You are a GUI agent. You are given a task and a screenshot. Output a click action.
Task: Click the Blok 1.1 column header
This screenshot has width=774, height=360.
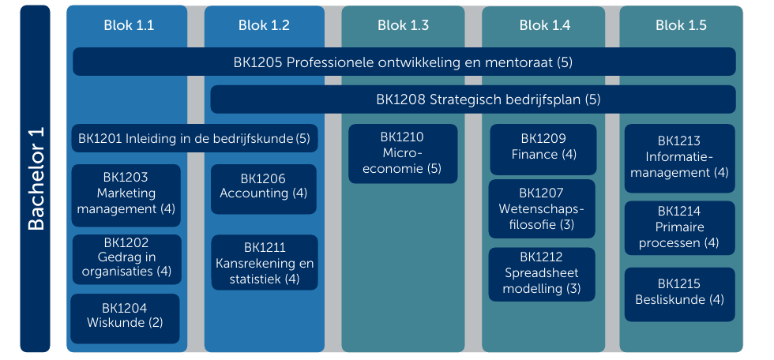(x=128, y=25)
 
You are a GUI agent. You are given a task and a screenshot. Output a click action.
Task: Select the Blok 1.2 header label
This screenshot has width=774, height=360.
(x=264, y=25)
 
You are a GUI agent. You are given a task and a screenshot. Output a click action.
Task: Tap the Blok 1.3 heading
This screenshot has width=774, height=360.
(x=404, y=25)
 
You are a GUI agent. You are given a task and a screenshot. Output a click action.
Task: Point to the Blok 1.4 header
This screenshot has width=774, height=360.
(x=544, y=25)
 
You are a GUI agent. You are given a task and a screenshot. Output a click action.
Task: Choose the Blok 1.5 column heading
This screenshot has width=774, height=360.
(x=681, y=25)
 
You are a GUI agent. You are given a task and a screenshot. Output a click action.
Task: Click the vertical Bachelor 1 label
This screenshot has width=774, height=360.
(x=35, y=178)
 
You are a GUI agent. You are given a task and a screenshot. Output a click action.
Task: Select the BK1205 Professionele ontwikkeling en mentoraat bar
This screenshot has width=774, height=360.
(x=404, y=62)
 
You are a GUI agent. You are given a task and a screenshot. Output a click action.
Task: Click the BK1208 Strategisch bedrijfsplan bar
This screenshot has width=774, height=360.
(x=473, y=99)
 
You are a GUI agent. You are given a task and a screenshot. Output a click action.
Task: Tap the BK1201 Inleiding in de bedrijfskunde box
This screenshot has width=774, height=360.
(x=194, y=138)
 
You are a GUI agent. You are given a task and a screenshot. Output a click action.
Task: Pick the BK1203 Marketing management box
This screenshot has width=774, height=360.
(x=126, y=195)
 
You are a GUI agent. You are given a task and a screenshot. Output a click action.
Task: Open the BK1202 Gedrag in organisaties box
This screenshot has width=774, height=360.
(x=127, y=260)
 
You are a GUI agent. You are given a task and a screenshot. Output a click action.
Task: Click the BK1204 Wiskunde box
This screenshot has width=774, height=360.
(x=125, y=319)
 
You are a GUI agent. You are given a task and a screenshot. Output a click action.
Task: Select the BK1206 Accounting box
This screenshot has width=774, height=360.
(x=264, y=189)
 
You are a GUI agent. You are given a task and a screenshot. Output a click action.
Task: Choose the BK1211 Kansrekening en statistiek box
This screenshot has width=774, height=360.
(x=265, y=262)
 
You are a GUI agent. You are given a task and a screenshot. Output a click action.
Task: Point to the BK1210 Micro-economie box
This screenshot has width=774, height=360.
(x=403, y=153)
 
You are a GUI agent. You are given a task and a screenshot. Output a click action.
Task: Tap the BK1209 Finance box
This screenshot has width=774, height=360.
(x=543, y=149)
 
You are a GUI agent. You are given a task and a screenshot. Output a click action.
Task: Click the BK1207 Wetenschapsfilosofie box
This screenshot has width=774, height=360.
(x=542, y=208)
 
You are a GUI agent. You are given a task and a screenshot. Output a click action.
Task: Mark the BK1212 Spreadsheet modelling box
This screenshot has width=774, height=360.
(x=542, y=274)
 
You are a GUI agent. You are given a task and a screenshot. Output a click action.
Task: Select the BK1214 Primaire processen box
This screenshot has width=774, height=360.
(x=680, y=228)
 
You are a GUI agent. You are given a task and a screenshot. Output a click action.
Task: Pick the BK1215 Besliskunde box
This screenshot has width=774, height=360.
(x=680, y=294)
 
